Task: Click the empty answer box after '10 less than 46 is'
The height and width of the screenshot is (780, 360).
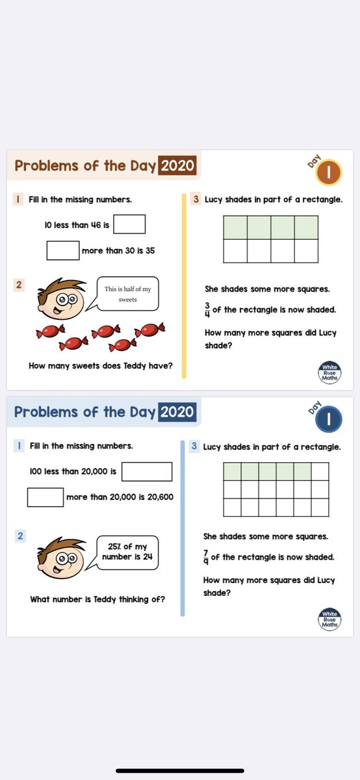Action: [129, 224]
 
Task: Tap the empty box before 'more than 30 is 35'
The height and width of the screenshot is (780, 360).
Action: [63, 250]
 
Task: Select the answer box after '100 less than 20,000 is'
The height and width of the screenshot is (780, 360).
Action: [147, 471]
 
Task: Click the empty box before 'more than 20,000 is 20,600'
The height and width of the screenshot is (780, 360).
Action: [45, 497]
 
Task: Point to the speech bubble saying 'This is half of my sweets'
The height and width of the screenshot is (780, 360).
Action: [129, 294]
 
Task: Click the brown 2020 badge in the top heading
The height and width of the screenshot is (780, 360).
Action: [177, 166]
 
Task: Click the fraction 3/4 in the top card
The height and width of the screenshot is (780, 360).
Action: [207, 309]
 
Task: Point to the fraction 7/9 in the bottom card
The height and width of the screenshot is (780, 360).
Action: [206, 557]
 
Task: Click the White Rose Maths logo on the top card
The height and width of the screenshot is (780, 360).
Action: [330, 372]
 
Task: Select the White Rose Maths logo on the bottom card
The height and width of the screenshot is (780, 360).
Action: [329, 619]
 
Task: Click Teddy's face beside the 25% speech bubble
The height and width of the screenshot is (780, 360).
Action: [62, 558]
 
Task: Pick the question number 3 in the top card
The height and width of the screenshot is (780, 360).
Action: [196, 200]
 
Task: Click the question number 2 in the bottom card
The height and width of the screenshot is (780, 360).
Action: [21, 536]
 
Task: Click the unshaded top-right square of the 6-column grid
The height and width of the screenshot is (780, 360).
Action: [320, 471]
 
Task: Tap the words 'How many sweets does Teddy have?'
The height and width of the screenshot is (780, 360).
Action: [101, 366]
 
